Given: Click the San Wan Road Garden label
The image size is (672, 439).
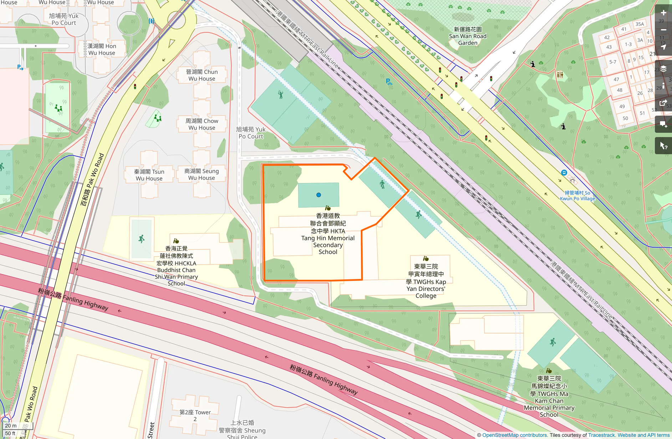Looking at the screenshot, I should [468, 36].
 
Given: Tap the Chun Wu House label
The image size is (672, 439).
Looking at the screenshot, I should [202, 75].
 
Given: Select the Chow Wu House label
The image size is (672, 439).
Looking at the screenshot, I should [202, 124].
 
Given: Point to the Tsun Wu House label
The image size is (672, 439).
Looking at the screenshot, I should [149, 175].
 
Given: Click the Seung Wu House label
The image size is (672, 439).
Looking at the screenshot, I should [202, 175].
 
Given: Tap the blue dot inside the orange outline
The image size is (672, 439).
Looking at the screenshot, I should [319, 195].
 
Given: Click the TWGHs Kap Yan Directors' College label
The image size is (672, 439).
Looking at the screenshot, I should [426, 281].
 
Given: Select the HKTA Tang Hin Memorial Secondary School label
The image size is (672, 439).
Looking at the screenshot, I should [328, 234].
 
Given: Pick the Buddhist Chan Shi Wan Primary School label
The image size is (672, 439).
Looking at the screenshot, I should [177, 266].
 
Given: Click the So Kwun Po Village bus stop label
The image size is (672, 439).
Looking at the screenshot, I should [577, 196].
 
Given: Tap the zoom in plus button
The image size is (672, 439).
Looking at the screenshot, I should [663, 13].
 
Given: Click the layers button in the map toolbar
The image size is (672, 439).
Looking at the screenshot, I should [663, 69].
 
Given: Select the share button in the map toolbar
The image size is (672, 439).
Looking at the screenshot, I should [663, 103].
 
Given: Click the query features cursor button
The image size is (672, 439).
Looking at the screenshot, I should [663, 146].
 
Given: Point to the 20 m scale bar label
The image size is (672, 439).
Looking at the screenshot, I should [11, 425].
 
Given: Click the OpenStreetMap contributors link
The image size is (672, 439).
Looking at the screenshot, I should [514, 435].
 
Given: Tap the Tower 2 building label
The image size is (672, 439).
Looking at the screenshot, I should [195, 415].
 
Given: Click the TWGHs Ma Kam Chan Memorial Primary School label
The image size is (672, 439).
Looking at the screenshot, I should [549, 397].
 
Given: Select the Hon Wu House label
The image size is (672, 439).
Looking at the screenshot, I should [102, 49].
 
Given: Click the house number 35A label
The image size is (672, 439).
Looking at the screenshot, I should [640, 24].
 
